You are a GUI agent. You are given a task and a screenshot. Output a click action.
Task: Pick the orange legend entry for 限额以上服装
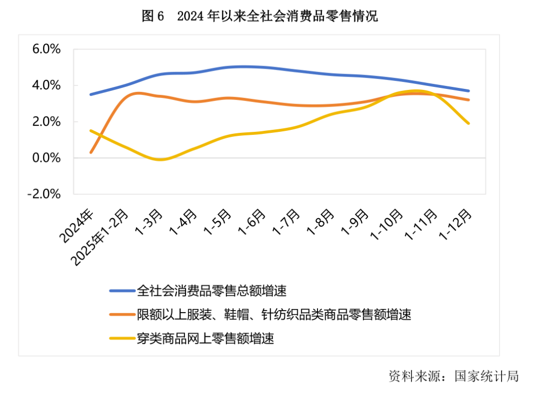[x=274, y=314]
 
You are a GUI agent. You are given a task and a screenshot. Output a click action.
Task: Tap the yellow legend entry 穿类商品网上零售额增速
[x=205, y=338]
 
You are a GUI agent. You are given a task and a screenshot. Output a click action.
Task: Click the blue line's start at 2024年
[x=90, y=94]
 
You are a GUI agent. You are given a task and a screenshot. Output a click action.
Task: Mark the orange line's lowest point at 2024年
[x=90, y=152]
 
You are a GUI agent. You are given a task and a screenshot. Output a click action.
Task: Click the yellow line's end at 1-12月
[x=469, y=123]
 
